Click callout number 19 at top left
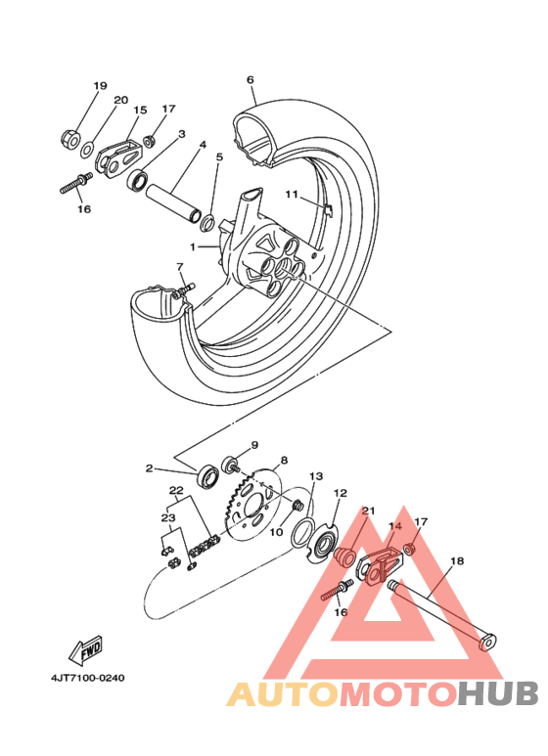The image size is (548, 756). click(100, 86)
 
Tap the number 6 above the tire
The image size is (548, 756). click(251, 79)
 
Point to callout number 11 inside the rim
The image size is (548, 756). click(291, 195)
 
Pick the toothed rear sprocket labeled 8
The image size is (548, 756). click(252, 505)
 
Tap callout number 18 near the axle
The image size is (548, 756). click(456, 562)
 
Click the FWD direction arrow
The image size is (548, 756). click(85, 649)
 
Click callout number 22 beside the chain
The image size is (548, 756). click(176, 490)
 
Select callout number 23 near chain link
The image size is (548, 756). click(167, 518)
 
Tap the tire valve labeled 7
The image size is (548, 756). click(183, 288)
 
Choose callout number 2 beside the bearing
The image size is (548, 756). click(150, 468)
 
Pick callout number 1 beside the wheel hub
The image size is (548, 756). click(194, 247)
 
